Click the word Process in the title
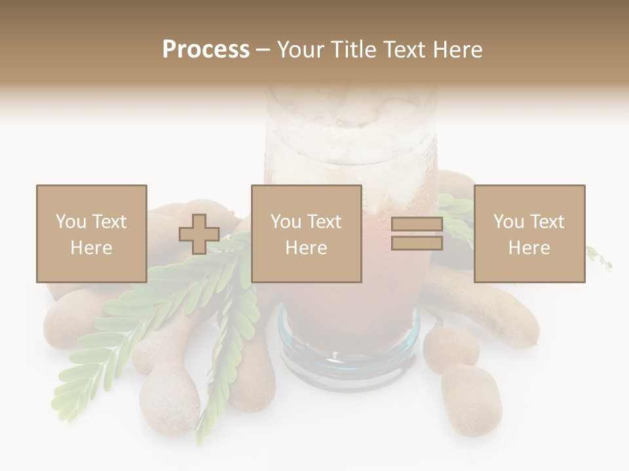pos(206,50)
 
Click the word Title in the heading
pos(353,50)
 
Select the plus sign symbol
pos(199,234)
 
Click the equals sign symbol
pos(417,234)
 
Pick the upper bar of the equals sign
pos(417,224)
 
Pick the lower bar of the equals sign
pos(417,243)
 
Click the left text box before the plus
pos(91,234)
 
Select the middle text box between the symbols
pos(306,234)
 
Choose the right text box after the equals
pos(529,234)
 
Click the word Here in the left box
pos(91,248)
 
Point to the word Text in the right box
pos(548,222)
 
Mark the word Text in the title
pos(403,50)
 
